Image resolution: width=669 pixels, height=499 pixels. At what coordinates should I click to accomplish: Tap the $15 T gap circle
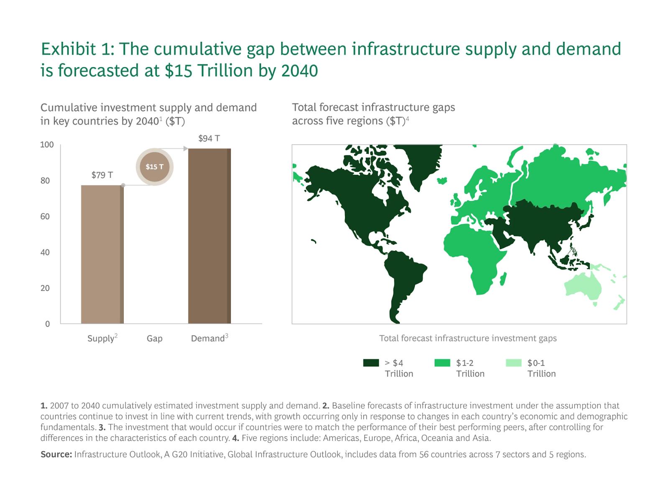click(x=154, y=166)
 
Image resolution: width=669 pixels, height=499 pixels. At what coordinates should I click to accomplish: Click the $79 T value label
click(x=102, y=175)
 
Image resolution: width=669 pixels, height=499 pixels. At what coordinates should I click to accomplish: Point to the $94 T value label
click(x=209, y=138)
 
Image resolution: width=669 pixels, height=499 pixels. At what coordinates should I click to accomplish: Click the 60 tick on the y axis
click(x=45, y=216)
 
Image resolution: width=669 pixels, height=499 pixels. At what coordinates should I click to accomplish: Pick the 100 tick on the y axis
click(x=47, y=145)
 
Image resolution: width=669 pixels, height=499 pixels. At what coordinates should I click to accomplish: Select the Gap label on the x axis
click(x=154, y=338)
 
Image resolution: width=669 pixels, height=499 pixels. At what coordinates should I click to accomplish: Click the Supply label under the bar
click(x=101, y=338)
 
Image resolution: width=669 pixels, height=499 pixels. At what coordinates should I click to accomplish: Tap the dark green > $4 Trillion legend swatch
click(x=371, y=363)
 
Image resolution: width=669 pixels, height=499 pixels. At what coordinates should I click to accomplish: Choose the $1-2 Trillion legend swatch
click(x=442, y=363)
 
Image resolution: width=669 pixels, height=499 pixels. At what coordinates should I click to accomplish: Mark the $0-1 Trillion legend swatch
click(x=513, y=363)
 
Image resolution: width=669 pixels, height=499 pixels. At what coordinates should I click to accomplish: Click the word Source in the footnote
click(x=56, y=454)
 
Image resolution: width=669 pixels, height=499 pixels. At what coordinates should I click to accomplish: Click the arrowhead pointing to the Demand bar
click(x=185, y=148)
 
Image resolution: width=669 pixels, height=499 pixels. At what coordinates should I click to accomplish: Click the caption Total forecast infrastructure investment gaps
click(x=467, y=338)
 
